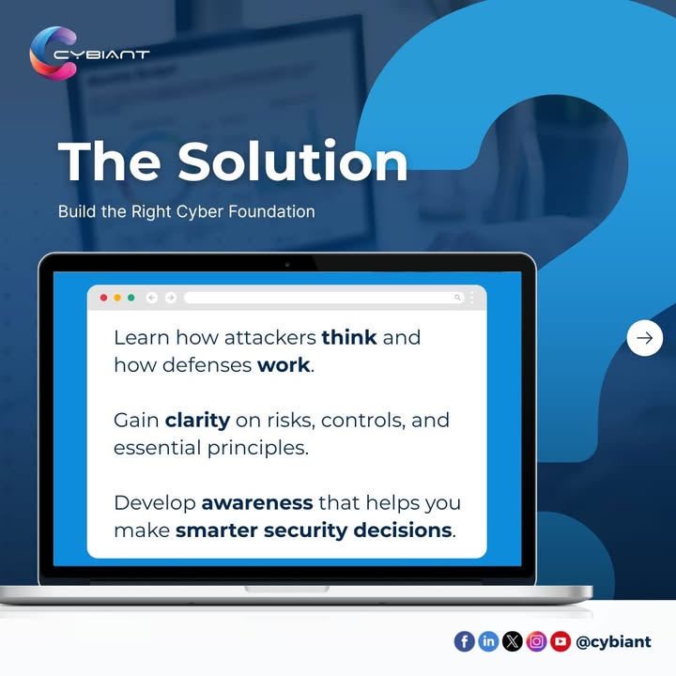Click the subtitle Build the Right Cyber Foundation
click(186, 211)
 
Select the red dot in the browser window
click(103, 298)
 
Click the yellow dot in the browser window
click(117, 298)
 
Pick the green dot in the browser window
click(131, 298)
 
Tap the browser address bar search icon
click(458, 298)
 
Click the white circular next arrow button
click(644, 338)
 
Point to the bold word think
click(349, 337)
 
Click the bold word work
click(284, 364)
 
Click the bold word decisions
click(403, 530)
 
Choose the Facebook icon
click(464, 641)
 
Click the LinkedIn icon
click(488, 641)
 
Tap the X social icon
click(513, 641)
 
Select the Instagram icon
click(537, 641)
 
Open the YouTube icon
click(561, 641)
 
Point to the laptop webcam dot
click(287, 264)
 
